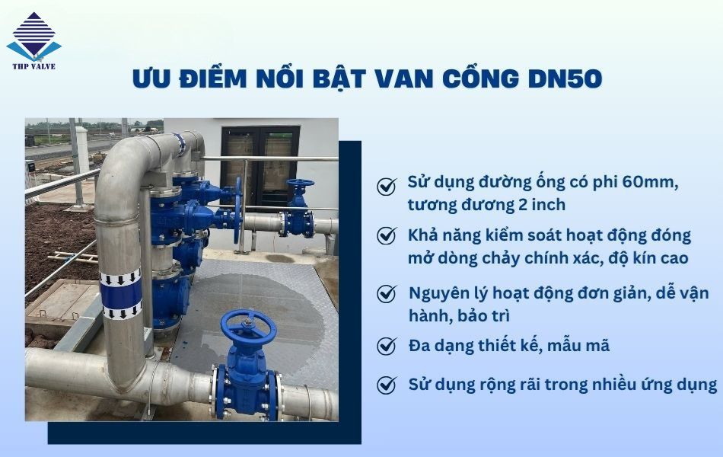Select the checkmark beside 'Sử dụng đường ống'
click(387, 186)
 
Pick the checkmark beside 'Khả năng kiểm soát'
click(387, 235)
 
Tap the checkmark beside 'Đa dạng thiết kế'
click(387, 346)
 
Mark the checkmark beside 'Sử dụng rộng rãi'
click(387, 385)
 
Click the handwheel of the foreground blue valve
click(248, 326)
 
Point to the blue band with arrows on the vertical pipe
click(122, 292)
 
